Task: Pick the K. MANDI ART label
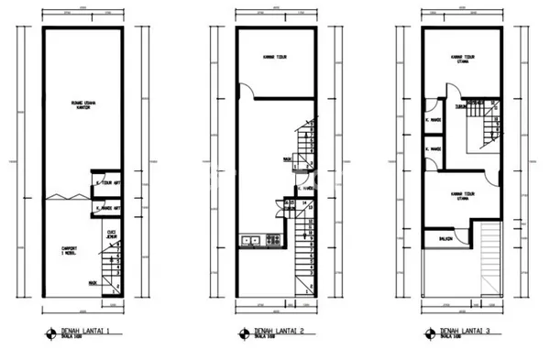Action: [x=112, y=212]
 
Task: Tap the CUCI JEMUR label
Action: [x=112, y=235]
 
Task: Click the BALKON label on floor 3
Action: [x=442, y=240]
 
